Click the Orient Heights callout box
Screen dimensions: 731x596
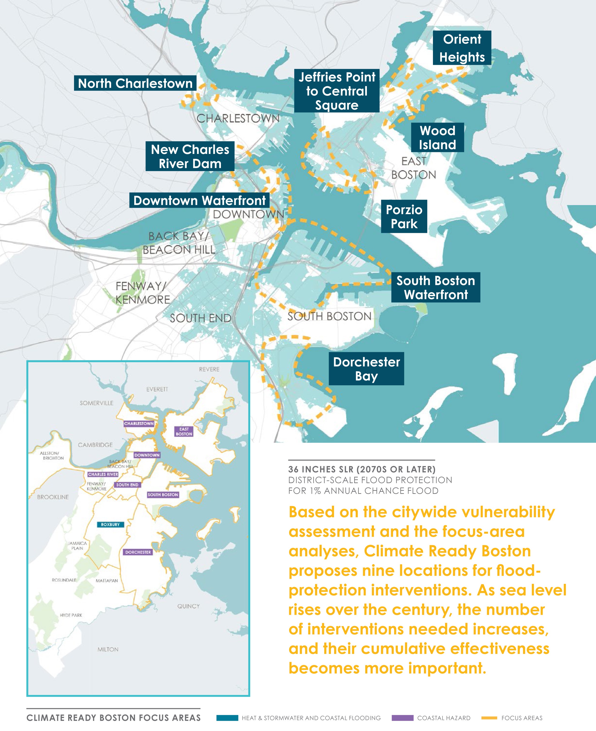pos(462,48)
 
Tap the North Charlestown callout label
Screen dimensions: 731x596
pos(135,83)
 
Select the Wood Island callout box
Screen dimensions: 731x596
pos(437,137)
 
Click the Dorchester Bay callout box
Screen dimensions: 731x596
pos(366,368)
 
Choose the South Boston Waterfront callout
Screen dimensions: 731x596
pos(436,287)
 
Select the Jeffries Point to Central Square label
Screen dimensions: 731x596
pos(337,91)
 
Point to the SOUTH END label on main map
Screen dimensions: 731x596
pos(201,318)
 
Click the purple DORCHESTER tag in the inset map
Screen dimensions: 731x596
pos(138,552)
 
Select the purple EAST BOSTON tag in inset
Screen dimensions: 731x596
pos(184,431)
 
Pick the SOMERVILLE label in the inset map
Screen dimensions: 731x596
pos(97,403)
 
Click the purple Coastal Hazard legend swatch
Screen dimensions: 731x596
pos(402,718)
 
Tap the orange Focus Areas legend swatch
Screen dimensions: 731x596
pos(489,718)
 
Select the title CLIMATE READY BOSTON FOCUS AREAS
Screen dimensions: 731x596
pos(114,718)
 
